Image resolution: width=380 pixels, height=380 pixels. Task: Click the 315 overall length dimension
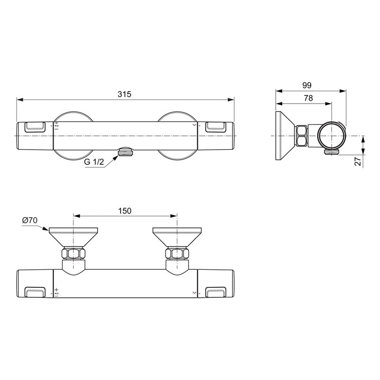124,94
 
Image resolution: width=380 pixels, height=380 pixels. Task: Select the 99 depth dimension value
306,85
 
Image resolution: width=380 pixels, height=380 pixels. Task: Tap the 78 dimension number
308,98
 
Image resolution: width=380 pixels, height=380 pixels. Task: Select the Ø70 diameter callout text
29,220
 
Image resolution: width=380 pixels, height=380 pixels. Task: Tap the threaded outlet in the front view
125,152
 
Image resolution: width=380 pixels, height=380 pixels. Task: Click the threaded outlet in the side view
330,152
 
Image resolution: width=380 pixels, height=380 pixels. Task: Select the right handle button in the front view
217,126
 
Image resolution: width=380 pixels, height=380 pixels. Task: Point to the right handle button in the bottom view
217,292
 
